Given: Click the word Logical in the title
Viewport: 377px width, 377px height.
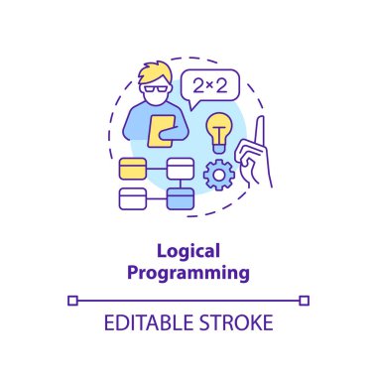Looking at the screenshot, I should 188,253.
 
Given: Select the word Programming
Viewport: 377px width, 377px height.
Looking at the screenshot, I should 188,271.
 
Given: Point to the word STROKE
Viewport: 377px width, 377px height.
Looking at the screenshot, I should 235,323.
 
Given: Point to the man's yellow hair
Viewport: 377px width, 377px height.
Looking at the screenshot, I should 154,72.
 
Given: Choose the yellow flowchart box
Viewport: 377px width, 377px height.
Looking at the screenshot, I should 131,169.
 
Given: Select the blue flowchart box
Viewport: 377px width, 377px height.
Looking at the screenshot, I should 180,198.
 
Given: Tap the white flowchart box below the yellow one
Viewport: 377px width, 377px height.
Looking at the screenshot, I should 132,198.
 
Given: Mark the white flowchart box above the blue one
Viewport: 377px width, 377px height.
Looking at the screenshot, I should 180,168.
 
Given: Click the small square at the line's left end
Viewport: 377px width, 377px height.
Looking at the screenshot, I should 71,300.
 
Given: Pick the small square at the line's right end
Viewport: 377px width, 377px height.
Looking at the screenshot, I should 306,300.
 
